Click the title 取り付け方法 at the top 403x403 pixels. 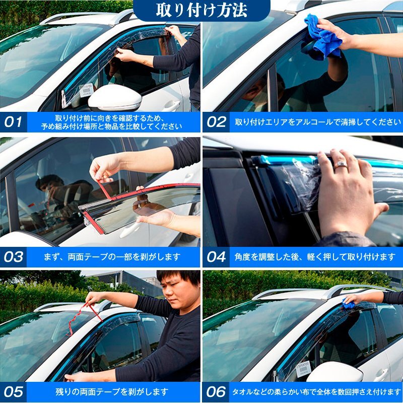[x=201, y=10]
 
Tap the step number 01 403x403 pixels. [x=13, y=122]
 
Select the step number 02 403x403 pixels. [x=217, y=122]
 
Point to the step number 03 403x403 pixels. [x=14, y=257]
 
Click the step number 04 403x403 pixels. [x=217, y=257]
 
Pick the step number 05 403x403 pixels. [x=14, y=392]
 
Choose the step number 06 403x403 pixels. [x=217, y=392]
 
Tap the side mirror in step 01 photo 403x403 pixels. [x=115, y=98]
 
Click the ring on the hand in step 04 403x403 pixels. [x=341, y=164]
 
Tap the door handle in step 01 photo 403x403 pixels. [x=172, y=105]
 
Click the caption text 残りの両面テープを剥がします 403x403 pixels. [x=112, y=392]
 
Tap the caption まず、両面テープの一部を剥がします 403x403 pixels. [x=112, y=257]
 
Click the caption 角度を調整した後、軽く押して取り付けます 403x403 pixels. [x=315, y=257]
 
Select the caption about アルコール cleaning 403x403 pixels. [x=318, y=122]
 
